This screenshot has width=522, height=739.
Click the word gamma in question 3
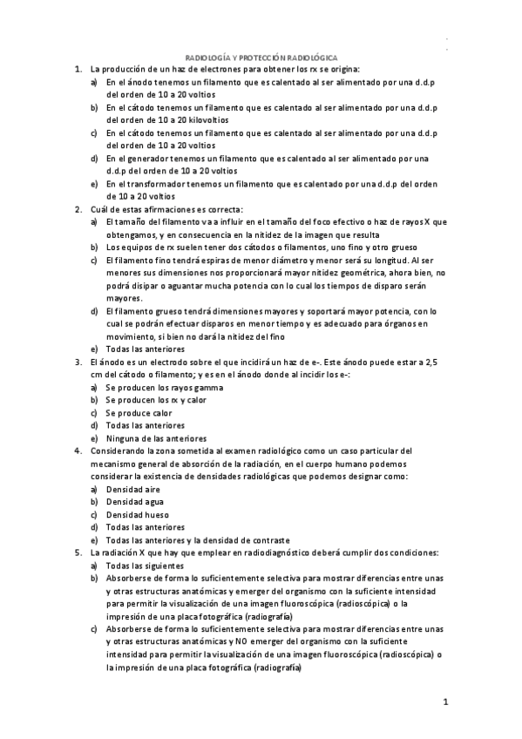199,387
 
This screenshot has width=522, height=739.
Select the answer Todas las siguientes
145,565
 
